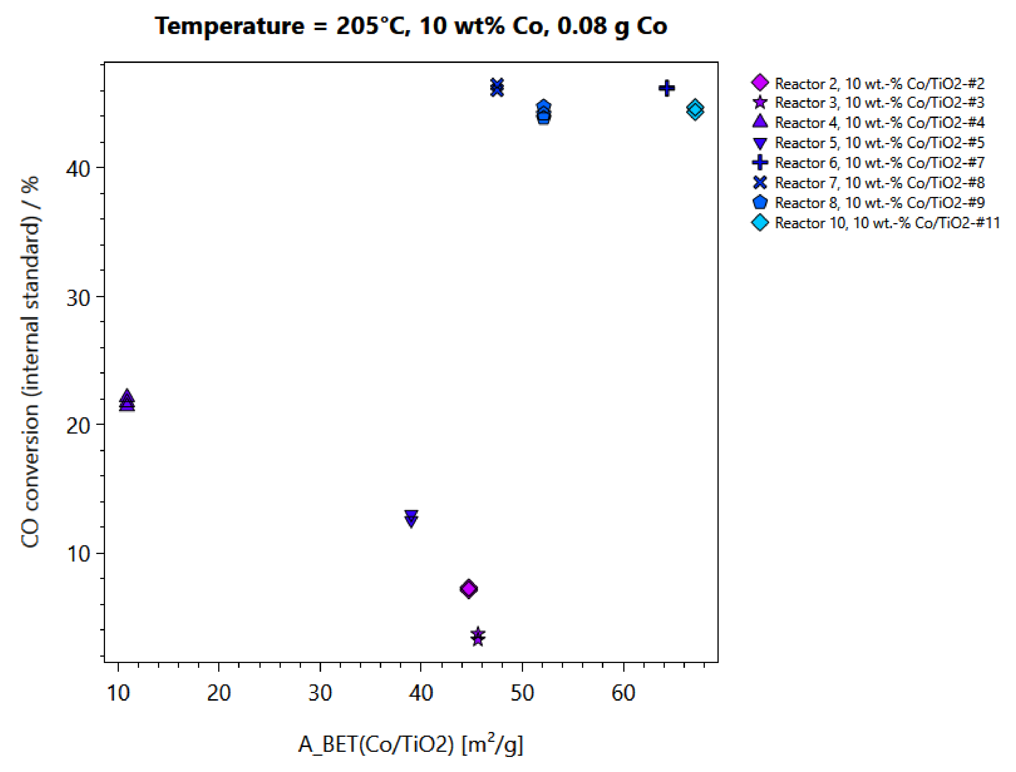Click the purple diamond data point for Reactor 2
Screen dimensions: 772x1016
click(x=469, y=589)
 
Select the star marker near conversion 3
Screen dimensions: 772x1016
click(x=478, y=637)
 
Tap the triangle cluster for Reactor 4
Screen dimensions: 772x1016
click(x=127, y=401)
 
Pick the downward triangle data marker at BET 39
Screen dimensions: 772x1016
click(x=411, y=518)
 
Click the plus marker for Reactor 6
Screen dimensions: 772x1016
click(x=667, y=88)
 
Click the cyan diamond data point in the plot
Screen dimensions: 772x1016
click(x=695, y=109)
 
